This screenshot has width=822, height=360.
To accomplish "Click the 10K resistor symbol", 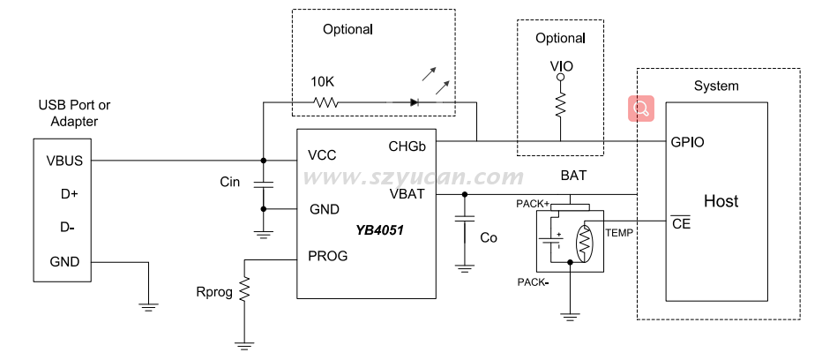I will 325,101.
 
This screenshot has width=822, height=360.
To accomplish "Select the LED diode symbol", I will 415,101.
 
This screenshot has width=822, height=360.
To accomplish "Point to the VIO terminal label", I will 559,66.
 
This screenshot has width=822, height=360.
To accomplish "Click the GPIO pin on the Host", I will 687,141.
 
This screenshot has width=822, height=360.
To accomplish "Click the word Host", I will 721,201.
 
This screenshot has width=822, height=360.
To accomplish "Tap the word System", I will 715,86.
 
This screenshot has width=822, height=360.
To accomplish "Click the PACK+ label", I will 533,204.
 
